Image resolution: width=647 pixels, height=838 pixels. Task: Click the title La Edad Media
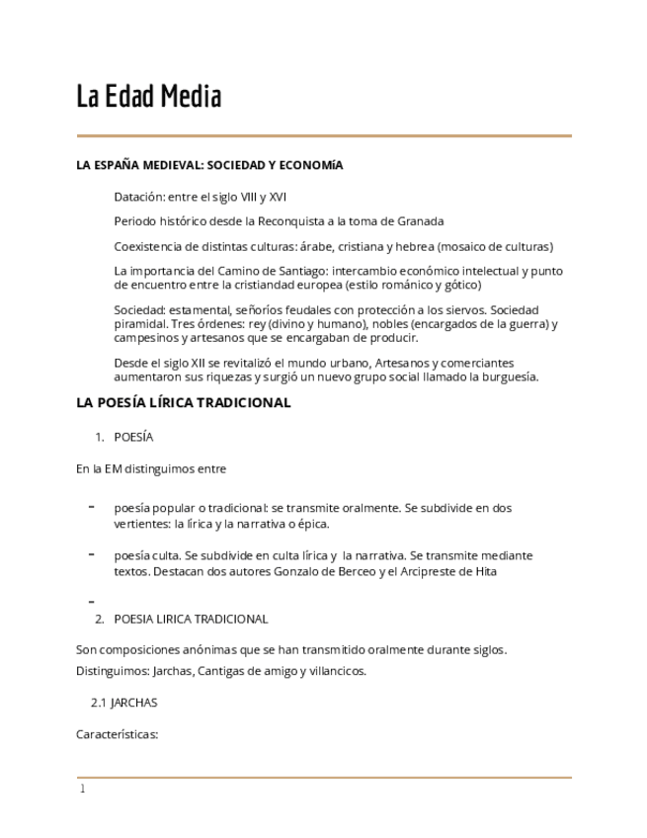[149, 97]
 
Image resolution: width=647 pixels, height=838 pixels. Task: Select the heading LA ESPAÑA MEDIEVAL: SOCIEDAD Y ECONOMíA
[209, 165]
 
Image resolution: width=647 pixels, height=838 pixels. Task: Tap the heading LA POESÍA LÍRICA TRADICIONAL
[183, 402]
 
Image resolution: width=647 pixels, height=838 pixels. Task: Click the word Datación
[138, 197]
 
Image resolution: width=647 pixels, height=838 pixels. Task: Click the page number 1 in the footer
[83, 789]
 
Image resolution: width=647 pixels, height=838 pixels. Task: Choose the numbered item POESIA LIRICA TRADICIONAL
[191, 619]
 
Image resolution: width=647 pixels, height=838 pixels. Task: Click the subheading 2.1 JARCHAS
[123, 703]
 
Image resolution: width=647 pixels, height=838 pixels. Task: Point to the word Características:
[117, 734]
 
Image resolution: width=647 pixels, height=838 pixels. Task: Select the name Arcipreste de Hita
[443, 571]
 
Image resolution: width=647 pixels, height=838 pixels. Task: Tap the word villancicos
[333, 671]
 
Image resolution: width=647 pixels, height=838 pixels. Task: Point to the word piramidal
[140, 324]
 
